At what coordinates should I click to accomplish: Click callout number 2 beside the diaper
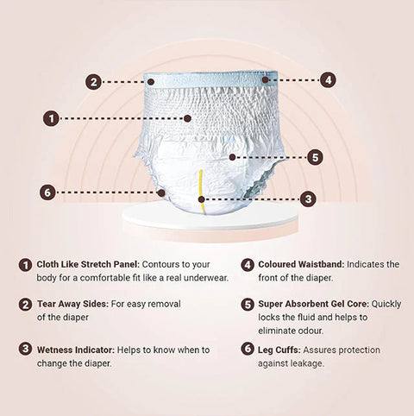tap(93, 82)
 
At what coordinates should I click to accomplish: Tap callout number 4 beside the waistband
tap(328, 79)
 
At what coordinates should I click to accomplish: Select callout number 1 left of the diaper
tap(51, 118)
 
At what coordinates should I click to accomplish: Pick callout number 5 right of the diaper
tap(315, 157)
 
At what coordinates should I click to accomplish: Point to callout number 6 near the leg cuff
tap(47, 192)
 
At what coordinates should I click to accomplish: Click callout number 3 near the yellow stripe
tap(308, 199)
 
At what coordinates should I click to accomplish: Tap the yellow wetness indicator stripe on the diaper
tap(202, 192)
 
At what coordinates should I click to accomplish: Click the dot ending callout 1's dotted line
tap(187, 118)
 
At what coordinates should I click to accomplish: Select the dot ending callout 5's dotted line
tap(232, 157)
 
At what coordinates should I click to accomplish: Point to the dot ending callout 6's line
tap(161, 192)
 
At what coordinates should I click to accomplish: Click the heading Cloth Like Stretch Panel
tap(88, 264)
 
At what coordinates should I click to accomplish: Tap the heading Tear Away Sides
tap(72, 304)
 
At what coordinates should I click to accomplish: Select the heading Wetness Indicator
tap(76, 350)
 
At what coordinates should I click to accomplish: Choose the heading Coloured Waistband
tap(301, 264)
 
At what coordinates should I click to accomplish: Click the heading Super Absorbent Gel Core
tap(313, 304)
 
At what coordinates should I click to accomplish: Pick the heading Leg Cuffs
tap(279, 350)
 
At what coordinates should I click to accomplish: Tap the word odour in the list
tap(310, 331)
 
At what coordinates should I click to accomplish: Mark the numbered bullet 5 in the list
tap(248, 305)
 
